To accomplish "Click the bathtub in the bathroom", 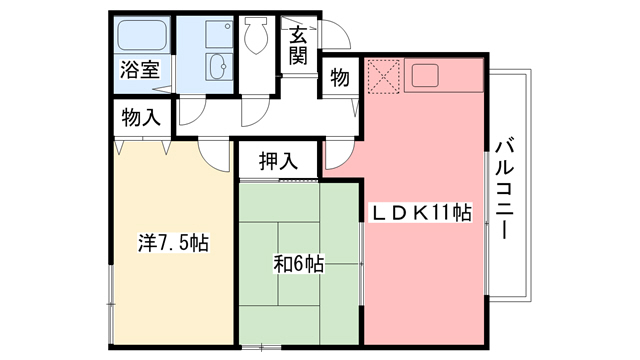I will [140, 38].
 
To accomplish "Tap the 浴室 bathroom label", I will [140, 71].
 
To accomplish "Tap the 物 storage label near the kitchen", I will [339, 77].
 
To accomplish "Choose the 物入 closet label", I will [140, 116].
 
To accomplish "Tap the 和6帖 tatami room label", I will [298, 264].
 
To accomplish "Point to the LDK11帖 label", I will [422, 212].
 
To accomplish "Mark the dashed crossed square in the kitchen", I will [383, 75].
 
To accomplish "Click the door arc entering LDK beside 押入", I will [336, 152].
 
